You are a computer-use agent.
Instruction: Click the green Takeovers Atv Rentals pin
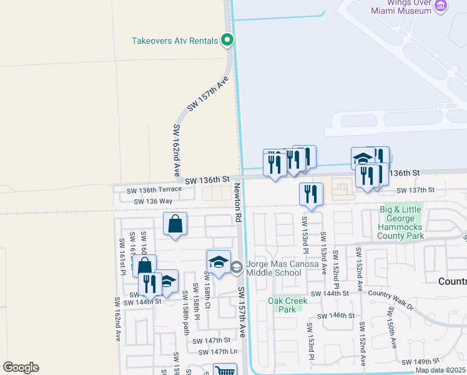pyautogui.click(x=228, y=41)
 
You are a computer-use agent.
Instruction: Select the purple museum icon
pyautogui.click(x=442, y=6)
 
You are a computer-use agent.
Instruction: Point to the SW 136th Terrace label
pyautogui.click(x=154, y=189)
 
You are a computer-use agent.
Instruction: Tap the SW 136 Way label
pyautogui.click(x=153, y=201)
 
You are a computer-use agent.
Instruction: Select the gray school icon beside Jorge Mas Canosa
pyautogui.click(x=236, y=268)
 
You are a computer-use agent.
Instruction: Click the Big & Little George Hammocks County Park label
pyautogui.click(x=401, y=222)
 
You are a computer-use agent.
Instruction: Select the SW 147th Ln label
pyautogui.click(x=218, y=352)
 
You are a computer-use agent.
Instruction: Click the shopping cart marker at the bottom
pyautogui.click(x=225, y=371)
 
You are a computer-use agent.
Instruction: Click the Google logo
pyautogui.click(x=21, y=367)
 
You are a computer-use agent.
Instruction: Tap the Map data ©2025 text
pyautogui.click(x=441, y=370)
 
